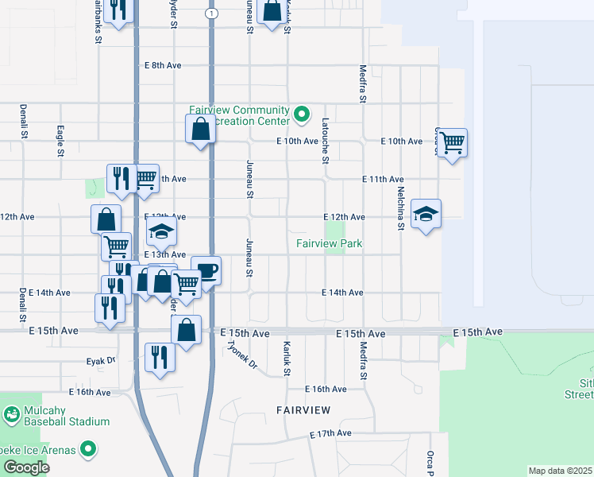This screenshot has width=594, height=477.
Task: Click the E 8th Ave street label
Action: (x=162, y=65)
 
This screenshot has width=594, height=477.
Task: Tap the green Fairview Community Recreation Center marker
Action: (x=301, y=115)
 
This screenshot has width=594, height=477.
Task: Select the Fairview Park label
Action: (x=330, y=243)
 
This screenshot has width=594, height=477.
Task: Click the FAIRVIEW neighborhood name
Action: (x=303, y=409)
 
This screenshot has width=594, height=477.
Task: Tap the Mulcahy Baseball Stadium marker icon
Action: (x=11, y=414)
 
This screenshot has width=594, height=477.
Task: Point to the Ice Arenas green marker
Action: (x=88, y=451)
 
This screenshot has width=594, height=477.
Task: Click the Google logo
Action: (x=25, y=467)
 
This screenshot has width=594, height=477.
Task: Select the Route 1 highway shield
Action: (x=210, y=14)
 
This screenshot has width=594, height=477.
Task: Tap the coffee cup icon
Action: (x=206, y=270)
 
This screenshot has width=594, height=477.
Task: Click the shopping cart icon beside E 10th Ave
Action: (x=452, y=142)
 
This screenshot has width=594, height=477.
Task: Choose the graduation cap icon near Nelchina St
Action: (x=426, y=213)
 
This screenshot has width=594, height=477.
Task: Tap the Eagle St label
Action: (x=60, y=141)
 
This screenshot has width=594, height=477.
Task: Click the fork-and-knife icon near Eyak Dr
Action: (x=160, y=358)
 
